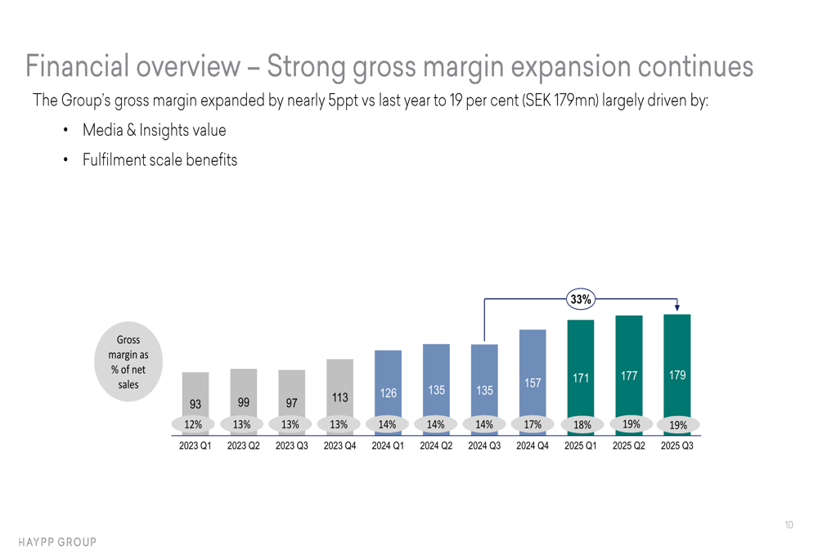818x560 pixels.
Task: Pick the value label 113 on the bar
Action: pos(340,398)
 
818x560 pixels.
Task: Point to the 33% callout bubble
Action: pos(581,300)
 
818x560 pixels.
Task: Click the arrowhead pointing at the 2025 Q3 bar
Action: pos(677,308)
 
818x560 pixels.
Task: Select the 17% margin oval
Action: pos(533,425)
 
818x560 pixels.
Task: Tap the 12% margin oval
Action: pos(194,425)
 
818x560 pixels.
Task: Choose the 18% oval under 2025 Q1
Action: pos(581,425)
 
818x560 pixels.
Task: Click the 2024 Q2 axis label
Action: pos(436,446)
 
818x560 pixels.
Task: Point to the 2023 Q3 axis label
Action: pos(291,446)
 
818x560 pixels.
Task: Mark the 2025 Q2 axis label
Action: pos(629,446)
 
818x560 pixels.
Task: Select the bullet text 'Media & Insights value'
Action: pos(154,131)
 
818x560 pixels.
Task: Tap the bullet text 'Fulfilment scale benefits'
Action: pos(160,160)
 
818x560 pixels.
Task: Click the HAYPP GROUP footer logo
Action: pos(57,542)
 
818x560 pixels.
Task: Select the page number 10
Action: pos(788,525)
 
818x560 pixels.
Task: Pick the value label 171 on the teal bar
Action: pos(581,378)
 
